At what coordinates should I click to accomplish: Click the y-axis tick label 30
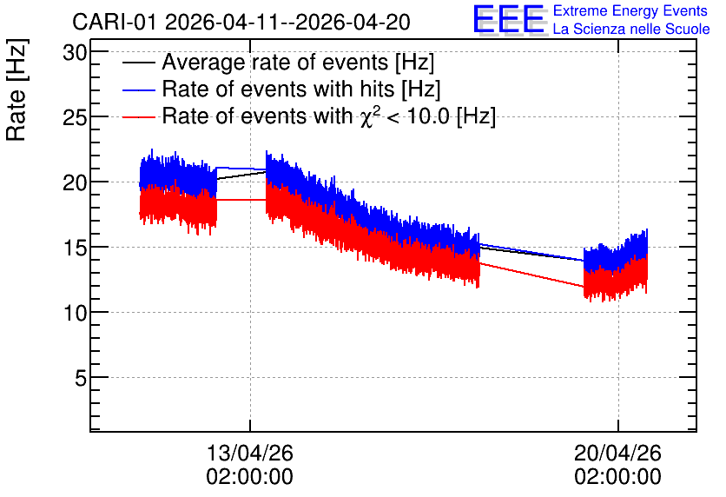pyautogui.click(x=75, y=53)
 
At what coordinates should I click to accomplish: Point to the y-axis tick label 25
pyautogui.click(x=75, y=117)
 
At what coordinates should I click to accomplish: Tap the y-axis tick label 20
pyautogui.click(x=75, y=183)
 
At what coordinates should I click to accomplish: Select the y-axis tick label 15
pyautogui.click(x=75, y=248)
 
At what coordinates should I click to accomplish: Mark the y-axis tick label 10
pyautogui.click(x=75, y=313)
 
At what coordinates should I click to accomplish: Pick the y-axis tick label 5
pyautogui.click(x=81, y=379)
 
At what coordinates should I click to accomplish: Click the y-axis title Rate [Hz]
pyautogui.click(x=16, y=89)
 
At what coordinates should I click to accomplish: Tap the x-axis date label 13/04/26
pyautogui.click(x=249, y=453)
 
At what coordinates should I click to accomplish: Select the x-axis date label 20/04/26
pyautogui.click(x=617, y=453)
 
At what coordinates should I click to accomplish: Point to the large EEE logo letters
pyautogui.click(x=510, y=19)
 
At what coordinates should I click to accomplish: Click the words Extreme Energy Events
pyautogui.click(x=630, y=10)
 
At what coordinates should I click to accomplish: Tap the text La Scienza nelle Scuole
pyautogui.click(x=631, y=29)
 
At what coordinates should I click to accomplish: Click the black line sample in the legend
pyautogui.click(x=138, y=63)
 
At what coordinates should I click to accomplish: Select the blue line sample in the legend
pyautogui.click(x=138, y=89)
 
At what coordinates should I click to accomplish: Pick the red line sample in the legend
pyautogui.click(x=138, y=116)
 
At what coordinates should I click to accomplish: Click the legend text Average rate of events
pyautogui.click(x=275, y=63)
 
